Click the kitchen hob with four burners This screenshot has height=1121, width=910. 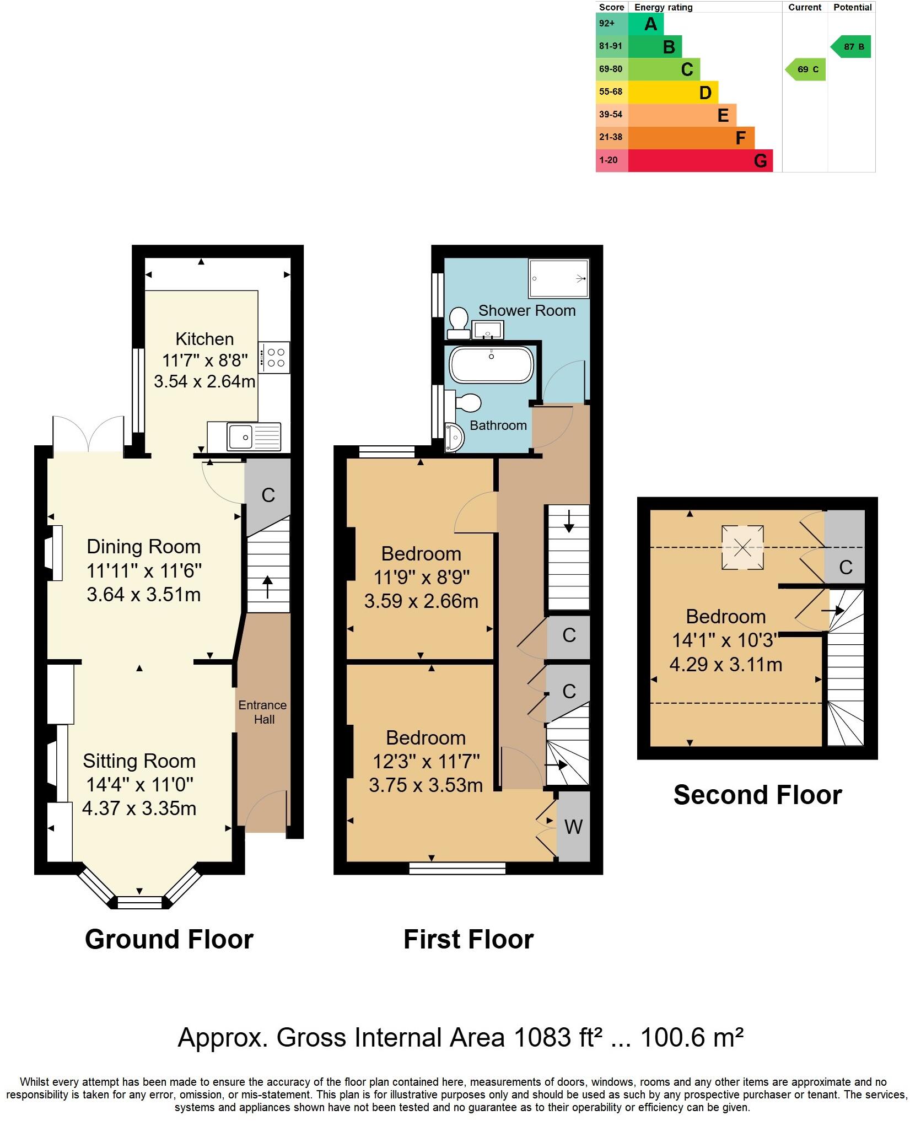click(x=275, y=358)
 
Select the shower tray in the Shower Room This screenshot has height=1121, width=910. click(x=558, y=278)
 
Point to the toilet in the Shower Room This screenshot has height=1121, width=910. click(x=458, y=323)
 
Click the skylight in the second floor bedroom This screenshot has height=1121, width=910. click(x=742, y=547)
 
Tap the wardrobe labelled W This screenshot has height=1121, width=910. click(x=573, y=827)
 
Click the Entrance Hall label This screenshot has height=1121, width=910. click(x=263, y=712)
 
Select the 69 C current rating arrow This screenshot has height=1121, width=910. click(x=806, y=69)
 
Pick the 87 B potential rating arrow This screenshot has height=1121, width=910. click(x=852, y=47)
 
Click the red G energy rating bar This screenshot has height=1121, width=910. click(x=700, y=161)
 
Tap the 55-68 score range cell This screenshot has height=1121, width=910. click(x=611, y=92)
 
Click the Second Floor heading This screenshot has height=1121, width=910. click(x=757, y=795)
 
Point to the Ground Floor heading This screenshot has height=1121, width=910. click(x=169, y=940)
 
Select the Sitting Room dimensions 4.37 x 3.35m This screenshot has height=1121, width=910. click(x=139, y=809)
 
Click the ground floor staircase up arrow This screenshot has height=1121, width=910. click(x=268, y=587)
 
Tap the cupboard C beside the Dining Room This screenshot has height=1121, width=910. click(x=268, y=494)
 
